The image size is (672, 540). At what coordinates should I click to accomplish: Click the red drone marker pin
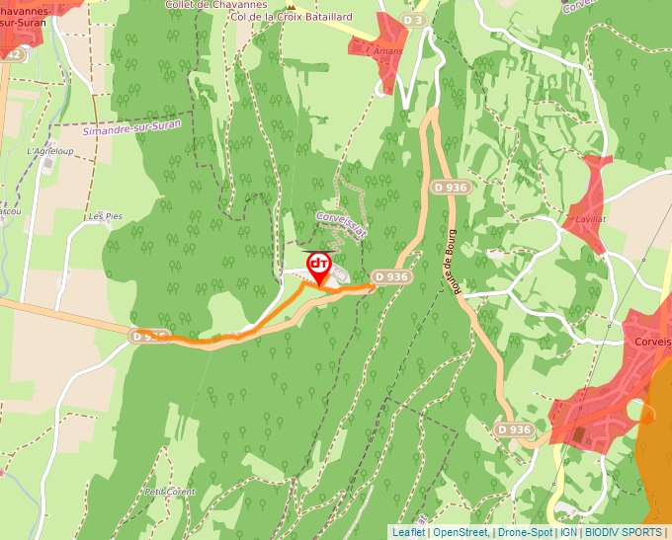point(319,268)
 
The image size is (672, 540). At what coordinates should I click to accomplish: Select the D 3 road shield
point(415,20)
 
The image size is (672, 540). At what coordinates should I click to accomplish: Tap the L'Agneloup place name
point(50,151)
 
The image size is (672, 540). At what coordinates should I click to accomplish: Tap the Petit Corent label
point(170,491)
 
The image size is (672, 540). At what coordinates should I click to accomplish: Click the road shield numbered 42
point(12,55)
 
